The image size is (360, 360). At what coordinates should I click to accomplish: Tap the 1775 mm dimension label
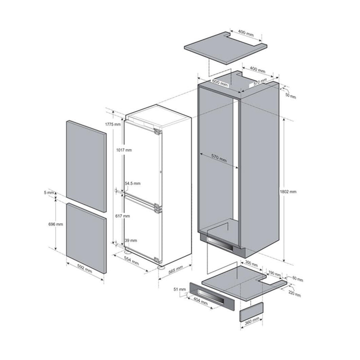(113, 124)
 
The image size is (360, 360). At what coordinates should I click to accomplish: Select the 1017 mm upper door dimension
(123, 150)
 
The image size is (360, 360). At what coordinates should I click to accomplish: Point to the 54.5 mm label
(133, 184)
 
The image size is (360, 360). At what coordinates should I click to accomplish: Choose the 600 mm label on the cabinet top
(219, 84)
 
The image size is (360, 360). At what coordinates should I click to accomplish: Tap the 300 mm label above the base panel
(252, 264)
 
